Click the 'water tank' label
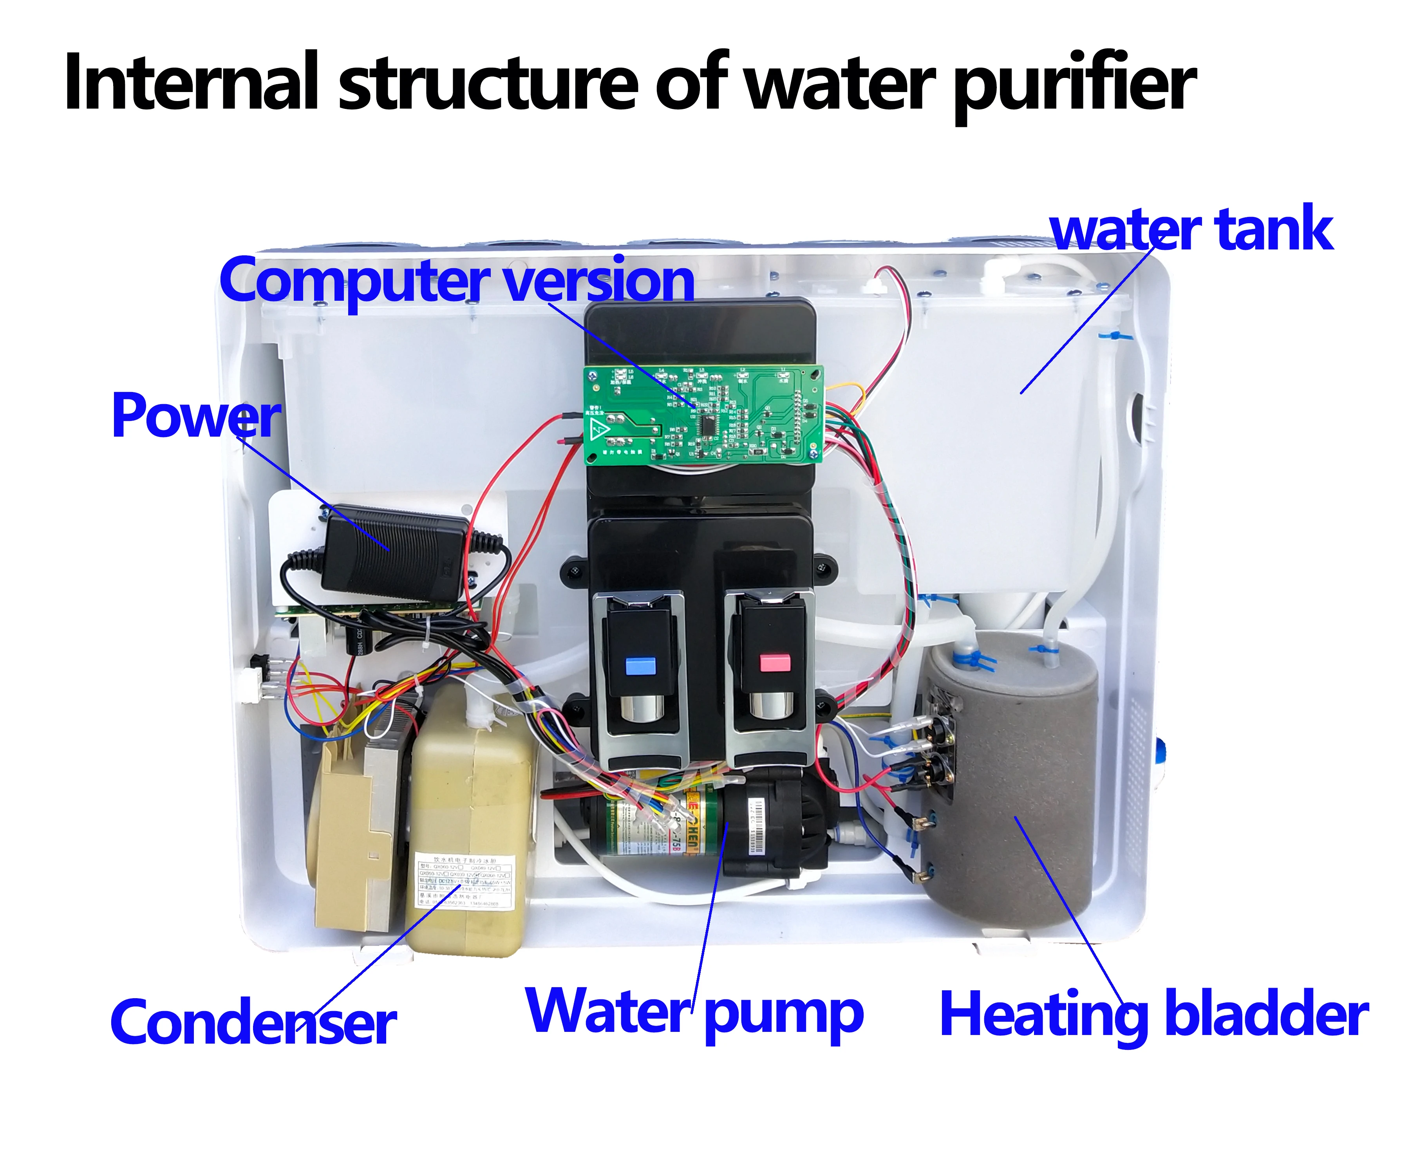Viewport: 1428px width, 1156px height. point(1191,230)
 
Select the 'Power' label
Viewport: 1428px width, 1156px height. point(196,416)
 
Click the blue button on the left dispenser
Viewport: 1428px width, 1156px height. point(641,665)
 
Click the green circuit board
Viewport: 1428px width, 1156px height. point(703,413)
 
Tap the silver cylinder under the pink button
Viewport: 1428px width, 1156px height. point(771,706)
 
